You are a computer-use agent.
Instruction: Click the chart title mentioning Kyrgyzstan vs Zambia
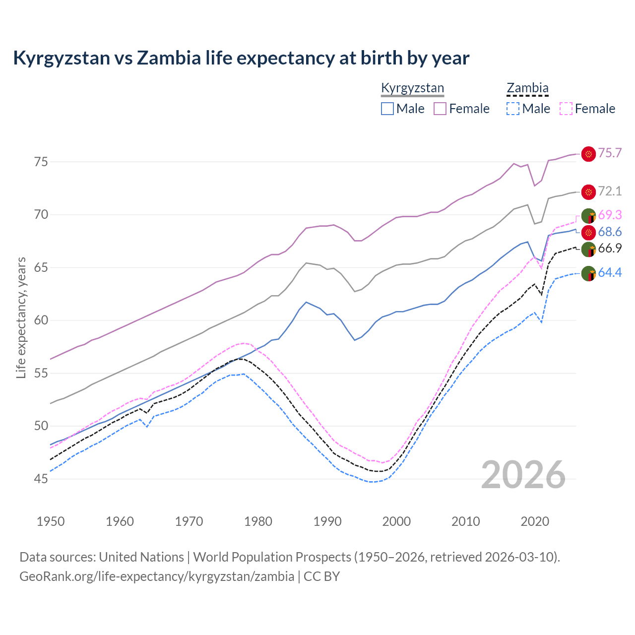point(241,58)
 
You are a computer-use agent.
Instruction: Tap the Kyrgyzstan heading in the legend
point(412,88)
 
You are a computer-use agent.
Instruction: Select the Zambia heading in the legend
point(527,88)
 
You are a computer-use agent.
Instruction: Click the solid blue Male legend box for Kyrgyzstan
point(387,109)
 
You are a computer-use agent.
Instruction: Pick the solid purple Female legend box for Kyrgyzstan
point(440,109)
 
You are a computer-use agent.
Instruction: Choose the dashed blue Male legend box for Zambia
point(513,109)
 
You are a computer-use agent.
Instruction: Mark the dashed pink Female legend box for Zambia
point(566,109)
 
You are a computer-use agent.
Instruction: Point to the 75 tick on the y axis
point(41,162)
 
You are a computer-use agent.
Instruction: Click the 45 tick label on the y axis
point(41,479)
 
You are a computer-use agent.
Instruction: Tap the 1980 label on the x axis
point(258,521)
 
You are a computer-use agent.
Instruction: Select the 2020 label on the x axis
point(534,521)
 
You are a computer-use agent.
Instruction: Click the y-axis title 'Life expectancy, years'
point(21,317)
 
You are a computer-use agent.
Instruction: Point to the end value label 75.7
point(610,153)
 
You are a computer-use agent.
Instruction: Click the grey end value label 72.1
point(610,191)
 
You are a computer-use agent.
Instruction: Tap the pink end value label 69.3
point(610,215)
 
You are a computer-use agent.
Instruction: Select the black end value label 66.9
point(610,249)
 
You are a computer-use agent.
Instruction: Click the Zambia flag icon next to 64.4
point(588,273)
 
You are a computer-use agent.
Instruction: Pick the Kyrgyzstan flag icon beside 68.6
point(588,232)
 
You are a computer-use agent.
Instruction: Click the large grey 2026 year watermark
point(523,475)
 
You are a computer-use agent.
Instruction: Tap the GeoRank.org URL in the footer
point(157,576)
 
